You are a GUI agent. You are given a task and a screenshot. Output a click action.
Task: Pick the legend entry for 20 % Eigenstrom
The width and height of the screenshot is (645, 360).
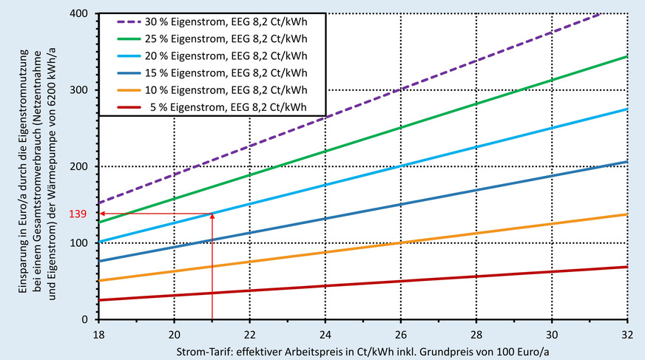click(x=234, y=56)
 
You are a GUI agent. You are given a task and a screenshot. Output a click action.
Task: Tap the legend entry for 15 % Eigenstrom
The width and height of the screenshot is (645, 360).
click(x=234, y=73)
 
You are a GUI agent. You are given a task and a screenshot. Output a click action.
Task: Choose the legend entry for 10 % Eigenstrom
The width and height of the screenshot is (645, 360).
click(x=234, y=90)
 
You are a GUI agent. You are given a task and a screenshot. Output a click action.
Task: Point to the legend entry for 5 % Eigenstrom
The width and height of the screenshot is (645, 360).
click(x=234, y=107)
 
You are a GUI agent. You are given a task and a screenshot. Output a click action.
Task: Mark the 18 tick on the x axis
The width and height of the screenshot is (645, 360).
click(x=98, y=332)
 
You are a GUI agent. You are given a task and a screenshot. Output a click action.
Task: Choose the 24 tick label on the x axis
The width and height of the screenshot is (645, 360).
click(x=325, y=332)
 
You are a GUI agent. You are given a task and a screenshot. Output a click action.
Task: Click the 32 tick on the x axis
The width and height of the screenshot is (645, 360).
click(x=627, y=332)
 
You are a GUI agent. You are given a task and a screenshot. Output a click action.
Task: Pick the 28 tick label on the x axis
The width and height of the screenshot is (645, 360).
click(x=476, y=332)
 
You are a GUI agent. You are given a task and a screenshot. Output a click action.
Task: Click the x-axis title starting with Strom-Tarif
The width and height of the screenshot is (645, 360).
click(x=362, y=348)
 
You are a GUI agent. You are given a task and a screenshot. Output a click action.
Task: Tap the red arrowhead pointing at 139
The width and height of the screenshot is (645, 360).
click(x=103, y=214)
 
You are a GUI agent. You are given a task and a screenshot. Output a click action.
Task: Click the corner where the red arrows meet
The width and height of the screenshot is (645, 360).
click(x=212, y=214)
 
